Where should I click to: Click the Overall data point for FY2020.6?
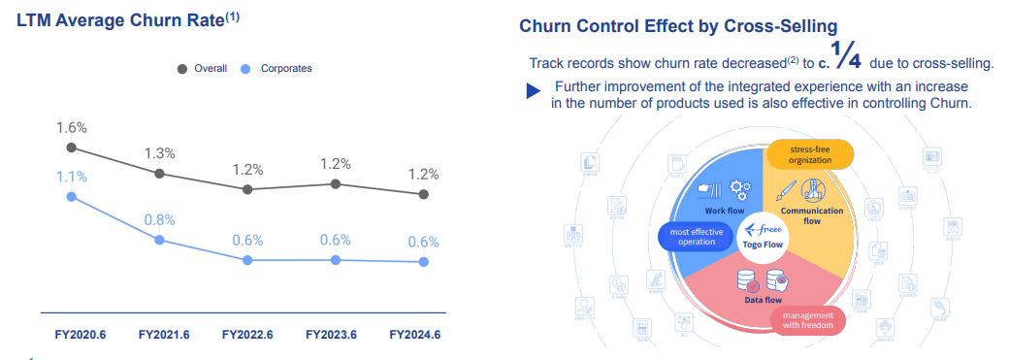click(x=71, y=147)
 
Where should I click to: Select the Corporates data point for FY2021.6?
click(x=159, y=240)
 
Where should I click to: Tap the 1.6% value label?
click(x=72, y=127)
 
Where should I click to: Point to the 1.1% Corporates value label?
click(x=72, y=177)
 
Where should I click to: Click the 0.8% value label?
click(x=159, y=219)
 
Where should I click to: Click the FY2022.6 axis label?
click(x=247, y=335)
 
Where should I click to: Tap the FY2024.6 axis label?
click(x=414, y=335)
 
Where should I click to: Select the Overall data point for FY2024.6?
click(x=423, y=194)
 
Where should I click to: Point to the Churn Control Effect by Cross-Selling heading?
click(x=678, y=26)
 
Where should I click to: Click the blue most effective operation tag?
click(x=691, y=236)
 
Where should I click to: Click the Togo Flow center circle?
click(x=762, y=236)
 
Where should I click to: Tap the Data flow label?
click(x=764, y=301)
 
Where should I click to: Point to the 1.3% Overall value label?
click(x=159, y=153)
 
